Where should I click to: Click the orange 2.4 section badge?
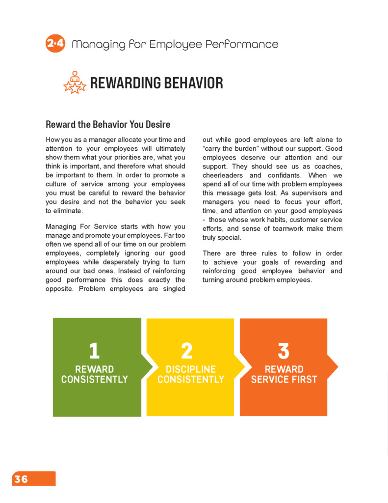(x=55, y=44)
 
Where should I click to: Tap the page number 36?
(x=21, y=479)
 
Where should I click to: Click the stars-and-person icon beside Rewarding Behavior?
(x=75, y=83)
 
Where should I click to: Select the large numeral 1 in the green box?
(x=94, y=351)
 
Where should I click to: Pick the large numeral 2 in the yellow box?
(x=186, y=351)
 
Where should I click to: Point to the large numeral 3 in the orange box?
(x=284, y=351)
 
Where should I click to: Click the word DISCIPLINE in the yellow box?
(x=191, y=369)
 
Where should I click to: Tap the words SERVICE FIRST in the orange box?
(x=284, y=379)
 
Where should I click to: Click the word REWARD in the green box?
(x=94, y=369)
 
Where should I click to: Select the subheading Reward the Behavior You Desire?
(x=108, y=124)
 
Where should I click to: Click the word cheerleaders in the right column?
(x=223, y=175)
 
